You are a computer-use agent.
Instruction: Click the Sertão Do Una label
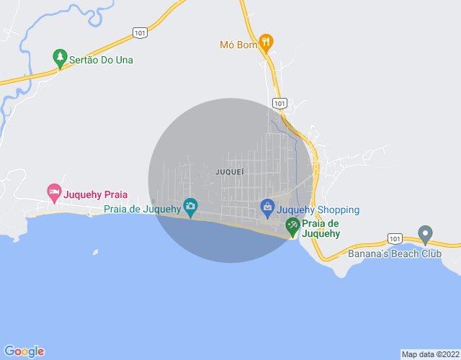tap(101, 60)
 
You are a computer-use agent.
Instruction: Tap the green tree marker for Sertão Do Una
tap(61, 57)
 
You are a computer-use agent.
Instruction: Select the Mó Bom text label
tap(238, 45)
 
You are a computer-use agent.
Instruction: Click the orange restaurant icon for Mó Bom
tap(266, 42)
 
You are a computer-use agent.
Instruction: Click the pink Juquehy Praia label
tap(96, 194)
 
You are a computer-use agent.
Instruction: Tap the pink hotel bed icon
tap(54, 192)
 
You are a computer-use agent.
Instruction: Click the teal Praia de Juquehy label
tap(142, 210)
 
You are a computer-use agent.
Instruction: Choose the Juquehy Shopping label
tap(318, 210)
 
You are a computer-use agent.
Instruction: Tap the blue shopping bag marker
tap(267, 208)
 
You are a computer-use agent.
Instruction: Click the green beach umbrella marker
tap(292, 227)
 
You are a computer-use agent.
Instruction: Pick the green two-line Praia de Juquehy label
tap(321, 228)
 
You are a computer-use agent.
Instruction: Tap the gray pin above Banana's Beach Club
tap(425, 235)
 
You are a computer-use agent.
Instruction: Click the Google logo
tap(24, 351)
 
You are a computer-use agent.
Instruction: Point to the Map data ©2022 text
tap(429, 354)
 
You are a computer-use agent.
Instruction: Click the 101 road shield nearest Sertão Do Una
tap(140, 32)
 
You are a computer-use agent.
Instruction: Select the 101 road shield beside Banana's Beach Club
tap(395, 238)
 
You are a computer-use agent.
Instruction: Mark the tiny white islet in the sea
tap(94, 252)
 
